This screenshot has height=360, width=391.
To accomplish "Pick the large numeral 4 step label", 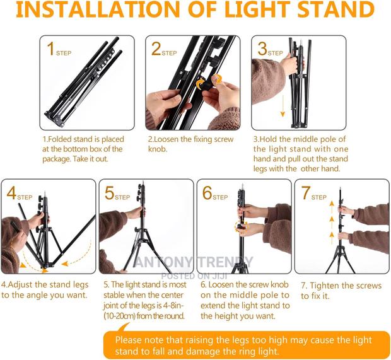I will click(x=11, y=193).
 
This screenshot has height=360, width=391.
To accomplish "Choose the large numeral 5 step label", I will click(x=108, y=193).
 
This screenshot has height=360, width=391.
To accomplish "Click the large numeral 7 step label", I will click(x=305, y=193).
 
